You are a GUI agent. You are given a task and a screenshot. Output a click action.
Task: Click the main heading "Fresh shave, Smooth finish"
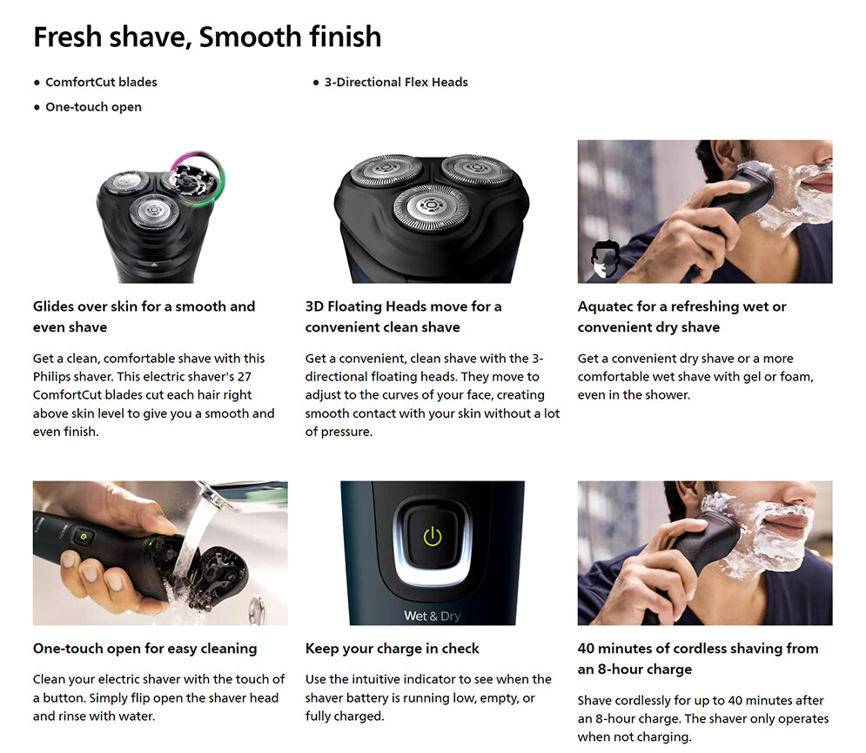coord(207,37)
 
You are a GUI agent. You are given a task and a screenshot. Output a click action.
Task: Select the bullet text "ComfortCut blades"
coord(101,83)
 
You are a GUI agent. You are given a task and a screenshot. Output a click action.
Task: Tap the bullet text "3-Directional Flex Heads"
coord(396,83)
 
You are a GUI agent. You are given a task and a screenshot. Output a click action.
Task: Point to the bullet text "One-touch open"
coord(93,107)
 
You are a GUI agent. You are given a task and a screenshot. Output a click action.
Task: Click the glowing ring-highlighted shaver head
coord(197,178)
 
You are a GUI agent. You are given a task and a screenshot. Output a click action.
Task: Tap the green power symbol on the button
coord(433,536)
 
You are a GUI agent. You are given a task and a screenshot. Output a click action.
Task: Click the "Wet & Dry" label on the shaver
coord(432,616)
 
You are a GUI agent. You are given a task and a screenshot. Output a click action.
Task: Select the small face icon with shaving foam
coord(605,259)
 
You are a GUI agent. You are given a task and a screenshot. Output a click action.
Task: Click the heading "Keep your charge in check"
coord(393,649)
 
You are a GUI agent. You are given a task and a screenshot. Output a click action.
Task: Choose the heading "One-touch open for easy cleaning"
coord(144,649)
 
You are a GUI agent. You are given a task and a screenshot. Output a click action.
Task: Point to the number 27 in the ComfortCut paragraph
coord(244,377)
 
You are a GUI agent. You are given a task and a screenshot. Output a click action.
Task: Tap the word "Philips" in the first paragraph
coord(51,377)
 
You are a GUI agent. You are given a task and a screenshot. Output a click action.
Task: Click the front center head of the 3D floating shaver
coord(431,206)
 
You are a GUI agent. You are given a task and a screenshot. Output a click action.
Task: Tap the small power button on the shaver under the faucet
coord(84,536)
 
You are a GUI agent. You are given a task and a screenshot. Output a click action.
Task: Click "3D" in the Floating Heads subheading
coord(314,306)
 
